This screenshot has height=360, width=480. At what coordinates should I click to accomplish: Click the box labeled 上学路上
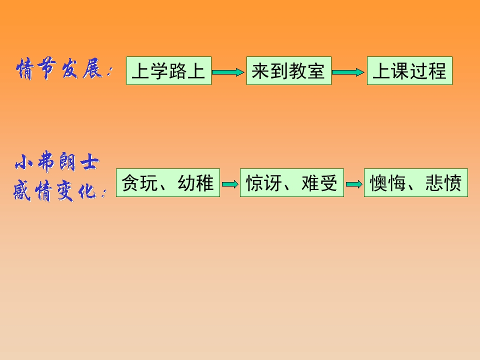(x=168, y=70)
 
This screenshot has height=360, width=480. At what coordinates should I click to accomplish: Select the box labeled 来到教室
(x=288, y=70)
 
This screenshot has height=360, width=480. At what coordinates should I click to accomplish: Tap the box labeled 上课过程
(x=409, y=70)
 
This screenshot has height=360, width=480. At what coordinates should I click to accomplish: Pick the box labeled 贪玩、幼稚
(x=168, y=183)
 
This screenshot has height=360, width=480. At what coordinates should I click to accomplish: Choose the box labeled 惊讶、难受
(x=291, y=183)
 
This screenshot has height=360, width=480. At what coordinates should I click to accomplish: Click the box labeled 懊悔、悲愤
(x=415, y=183)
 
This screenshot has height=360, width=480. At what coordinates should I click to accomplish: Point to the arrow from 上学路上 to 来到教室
(x=228, y=72)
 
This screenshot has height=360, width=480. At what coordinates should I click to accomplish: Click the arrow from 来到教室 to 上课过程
(x=348, y=72)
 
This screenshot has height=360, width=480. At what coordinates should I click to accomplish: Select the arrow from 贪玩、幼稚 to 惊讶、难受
(x=230, y=184)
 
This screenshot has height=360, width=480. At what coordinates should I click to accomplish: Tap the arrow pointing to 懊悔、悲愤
(x=354, y=184)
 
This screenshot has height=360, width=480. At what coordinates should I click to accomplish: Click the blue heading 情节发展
(x=59, y=68)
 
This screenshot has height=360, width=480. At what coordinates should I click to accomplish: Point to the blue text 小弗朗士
(x=57, y=161)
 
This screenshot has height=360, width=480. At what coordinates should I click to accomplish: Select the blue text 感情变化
(x=55, y=190)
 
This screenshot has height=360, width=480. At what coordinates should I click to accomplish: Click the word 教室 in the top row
(x=306, y=71)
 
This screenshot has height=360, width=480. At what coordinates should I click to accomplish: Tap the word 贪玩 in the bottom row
(x=139, y=183)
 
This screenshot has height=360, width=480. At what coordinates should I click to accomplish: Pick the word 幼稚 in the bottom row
(x=195, y=183)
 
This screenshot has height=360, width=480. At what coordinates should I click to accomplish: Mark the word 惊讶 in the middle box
(x=264, y=183)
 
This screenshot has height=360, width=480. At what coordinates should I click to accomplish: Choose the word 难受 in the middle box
(x=319, y=183)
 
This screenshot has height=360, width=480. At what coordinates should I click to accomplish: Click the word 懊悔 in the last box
(x=388, y=183)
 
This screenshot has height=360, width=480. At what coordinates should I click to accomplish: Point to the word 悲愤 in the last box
(x=443, y=183)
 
